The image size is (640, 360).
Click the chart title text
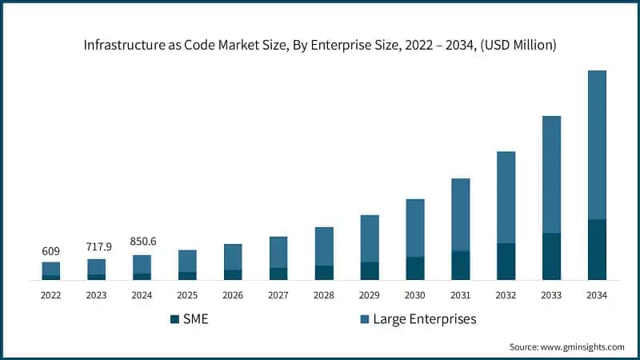(x=320, y=46)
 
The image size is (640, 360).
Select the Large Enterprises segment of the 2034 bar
(x=597, y=145)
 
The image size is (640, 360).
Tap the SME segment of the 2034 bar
(x=597, y=250)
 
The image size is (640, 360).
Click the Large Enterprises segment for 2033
(x=551, y=174)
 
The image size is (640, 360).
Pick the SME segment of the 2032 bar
(x=506, y=262)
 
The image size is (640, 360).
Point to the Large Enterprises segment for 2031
(x=460, y=214)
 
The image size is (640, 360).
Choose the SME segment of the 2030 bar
(x=414, y=268)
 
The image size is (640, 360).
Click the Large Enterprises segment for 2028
(x=324, y=246)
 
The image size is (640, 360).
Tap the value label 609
(x=51, y=251)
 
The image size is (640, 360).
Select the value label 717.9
(x=96, y=247)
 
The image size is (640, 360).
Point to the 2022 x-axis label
(x=51, y=294)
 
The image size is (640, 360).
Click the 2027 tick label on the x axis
(x=278, y=294)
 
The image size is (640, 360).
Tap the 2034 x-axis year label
(x=597, y=294)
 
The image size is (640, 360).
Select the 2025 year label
(x=187, y=294)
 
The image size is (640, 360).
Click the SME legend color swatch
(x=175, y=319)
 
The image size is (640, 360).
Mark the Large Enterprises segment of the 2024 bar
(x=142, y=264)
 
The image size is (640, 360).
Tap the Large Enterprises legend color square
(x=365, y=319)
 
